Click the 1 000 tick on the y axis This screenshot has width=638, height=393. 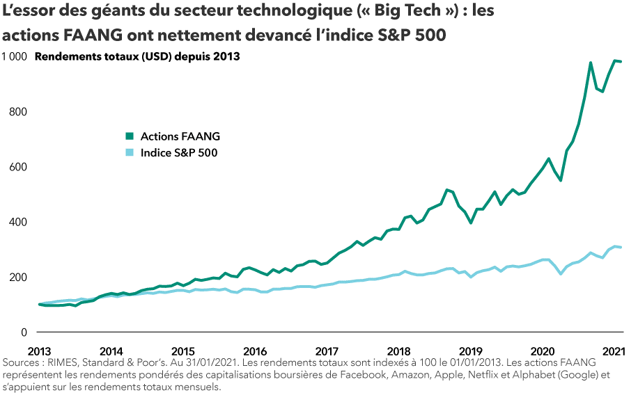click(x=15, y=57)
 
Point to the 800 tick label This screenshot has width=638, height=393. click(x=19, y=112)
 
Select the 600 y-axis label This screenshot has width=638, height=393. click(x=19, y=167)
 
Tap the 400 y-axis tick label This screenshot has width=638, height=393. click(x=19, y=222)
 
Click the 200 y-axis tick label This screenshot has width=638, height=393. click(x=19, y=278)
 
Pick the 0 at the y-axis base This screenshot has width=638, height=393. click(x=24, y=332)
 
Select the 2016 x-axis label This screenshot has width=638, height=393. click(x=256, y=351)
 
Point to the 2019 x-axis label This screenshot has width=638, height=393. click(x=471, y=351)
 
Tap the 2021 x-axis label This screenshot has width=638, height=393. click(x=613, y=351)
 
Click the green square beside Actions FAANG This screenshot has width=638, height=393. click(x=130, y=136)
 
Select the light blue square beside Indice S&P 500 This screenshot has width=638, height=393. click(x=130, y=152)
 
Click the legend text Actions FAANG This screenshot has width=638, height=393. click(x=180, y=136)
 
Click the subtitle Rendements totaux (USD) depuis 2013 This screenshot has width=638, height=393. click(x=137, y=57)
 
